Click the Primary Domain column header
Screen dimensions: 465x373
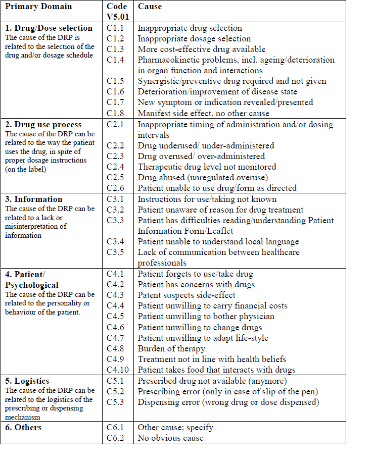(38, 7)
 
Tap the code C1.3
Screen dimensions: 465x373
(115, 49)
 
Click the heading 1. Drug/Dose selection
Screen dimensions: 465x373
(49, 28)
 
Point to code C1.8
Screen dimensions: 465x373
(115, 113)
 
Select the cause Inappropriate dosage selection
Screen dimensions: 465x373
(194, 38)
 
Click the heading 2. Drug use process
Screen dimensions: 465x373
(43, 124)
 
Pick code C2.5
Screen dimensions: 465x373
(115, 177)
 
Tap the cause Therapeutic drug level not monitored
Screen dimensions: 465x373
(207, 167)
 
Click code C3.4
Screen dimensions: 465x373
(115, 241)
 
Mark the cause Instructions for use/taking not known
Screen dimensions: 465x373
(207, 199)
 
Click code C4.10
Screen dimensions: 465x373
(117, 370)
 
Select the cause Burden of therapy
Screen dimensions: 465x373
(171, 348)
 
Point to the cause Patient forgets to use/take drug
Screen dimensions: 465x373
(195, 274)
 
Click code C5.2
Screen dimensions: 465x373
(115, 391)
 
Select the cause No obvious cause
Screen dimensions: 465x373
(170, 438)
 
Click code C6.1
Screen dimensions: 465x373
(115, 427)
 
